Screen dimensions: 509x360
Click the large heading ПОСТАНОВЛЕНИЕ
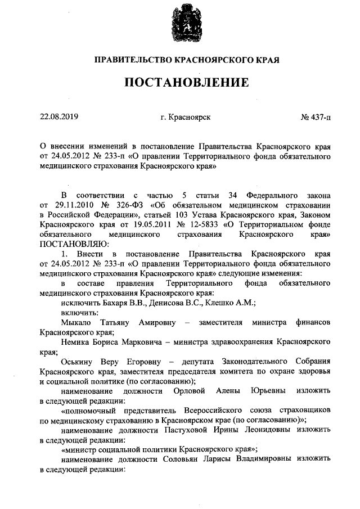click(x=186, y=83)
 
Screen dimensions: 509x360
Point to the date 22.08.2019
click(x=59, y=117)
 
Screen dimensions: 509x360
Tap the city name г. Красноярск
click(x=185, y=117)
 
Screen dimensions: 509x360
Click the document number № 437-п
click(x=316, y=117)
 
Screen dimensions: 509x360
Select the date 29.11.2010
click(x=73, y=205)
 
